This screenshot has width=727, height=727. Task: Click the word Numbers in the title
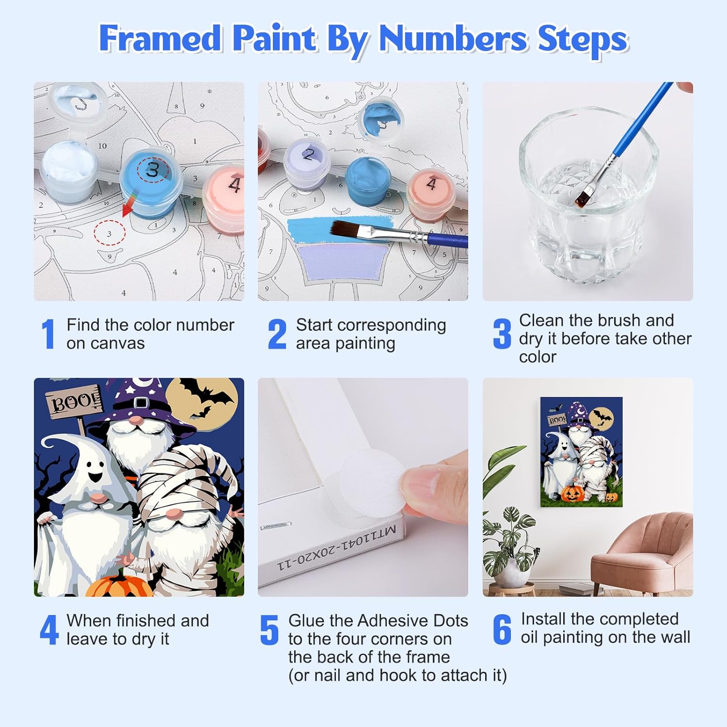tap(453, 38)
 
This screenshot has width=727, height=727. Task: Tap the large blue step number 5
tap(269, 630)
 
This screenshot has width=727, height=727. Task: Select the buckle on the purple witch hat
tap(140, 402)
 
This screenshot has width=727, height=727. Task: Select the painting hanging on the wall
tap(581, 452)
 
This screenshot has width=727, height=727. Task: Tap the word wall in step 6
tap(674, 637)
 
